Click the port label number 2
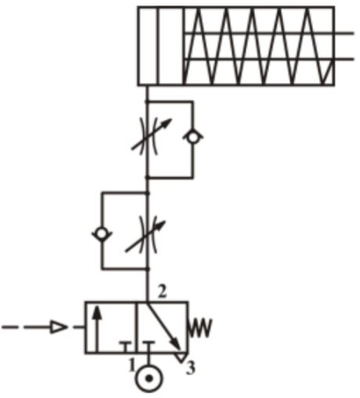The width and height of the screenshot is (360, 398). [162, 292]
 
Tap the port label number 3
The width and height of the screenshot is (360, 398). [191, 368]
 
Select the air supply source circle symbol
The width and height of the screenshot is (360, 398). [149, 378]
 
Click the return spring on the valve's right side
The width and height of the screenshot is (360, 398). [200, 328]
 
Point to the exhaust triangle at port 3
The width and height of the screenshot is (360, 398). [180, 357]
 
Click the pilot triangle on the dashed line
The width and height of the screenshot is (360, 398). [59, 327]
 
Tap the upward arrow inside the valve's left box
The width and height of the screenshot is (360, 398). [97, 329]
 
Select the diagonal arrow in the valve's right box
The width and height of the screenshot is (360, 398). [164, 327]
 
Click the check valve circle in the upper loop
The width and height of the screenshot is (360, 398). [193, 137]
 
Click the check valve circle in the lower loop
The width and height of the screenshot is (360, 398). [102, 234]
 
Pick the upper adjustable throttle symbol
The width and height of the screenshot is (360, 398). [150, 136]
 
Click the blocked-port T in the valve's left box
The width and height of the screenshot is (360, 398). [126, 346]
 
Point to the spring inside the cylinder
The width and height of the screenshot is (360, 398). [259, 46]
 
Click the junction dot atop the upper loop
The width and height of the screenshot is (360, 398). [147, 101]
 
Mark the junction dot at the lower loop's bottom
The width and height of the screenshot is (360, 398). [148, 268]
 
